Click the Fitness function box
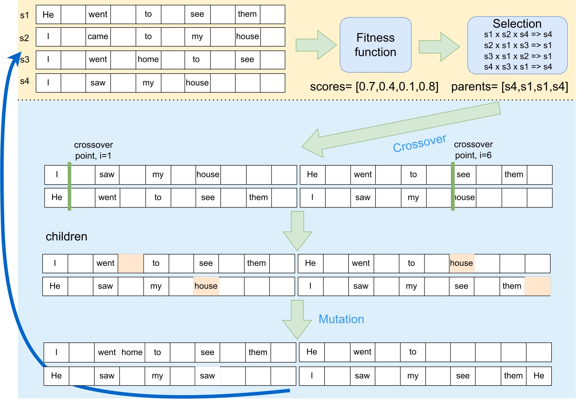tap(375, 45)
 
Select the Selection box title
tap(517, 24)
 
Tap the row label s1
tap(24, 15)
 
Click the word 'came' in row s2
tap(98, 37)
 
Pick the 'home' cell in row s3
tap(148, 60)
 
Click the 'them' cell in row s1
tap(247, 14)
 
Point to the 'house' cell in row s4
tap(197, 83)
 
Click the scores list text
tap(374, 87)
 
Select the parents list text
tap(509, 87)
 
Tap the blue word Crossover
tap(419, 143)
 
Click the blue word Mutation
tap(341, 319)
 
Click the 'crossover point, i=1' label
tap(93, 150)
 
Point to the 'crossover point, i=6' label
tap(473, 150)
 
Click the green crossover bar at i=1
tap(70, 186)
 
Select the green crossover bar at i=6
tap(453, 186)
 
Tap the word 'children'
tap(66, 236)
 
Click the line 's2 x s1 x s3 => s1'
tap(518, 45)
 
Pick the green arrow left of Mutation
tap(297, 320)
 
